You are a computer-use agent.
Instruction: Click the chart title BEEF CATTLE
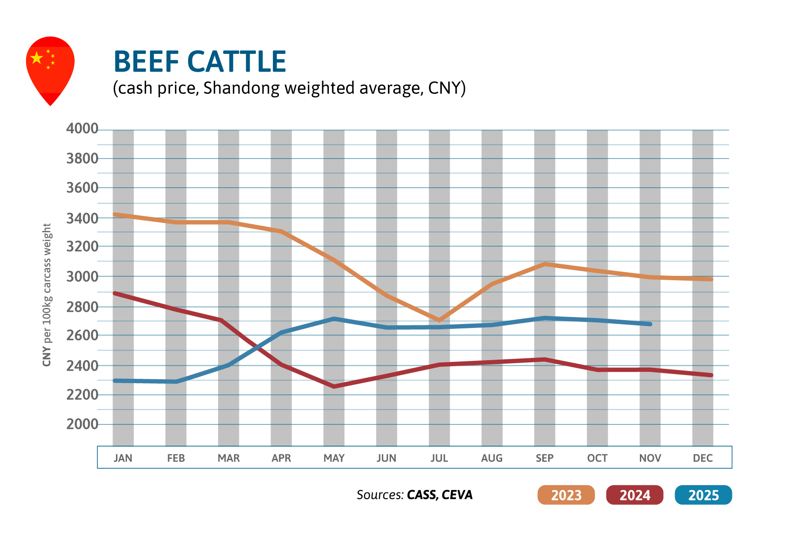coord(199,62)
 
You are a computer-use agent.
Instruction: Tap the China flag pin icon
coord(50,67)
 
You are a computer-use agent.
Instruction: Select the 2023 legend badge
coord(566,495)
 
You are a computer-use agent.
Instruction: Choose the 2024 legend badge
coord(634,495)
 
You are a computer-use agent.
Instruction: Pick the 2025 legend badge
coord(703,495)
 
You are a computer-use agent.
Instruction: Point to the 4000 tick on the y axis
coord(82,129)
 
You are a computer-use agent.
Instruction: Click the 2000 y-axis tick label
coord(82,424)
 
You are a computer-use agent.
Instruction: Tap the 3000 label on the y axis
coord(82,276)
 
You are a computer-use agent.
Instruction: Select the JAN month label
coord(123,458)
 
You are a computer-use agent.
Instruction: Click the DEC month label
coord(702,458)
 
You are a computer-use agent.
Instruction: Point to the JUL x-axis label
coord(439,458)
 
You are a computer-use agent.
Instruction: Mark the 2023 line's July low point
coord(439,320)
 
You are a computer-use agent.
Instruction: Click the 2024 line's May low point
coord(334,386)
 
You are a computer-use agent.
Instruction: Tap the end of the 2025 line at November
coord(650,324)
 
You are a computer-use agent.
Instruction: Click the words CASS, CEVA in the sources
coord(440,495)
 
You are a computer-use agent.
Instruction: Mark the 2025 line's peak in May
coord(334,319)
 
